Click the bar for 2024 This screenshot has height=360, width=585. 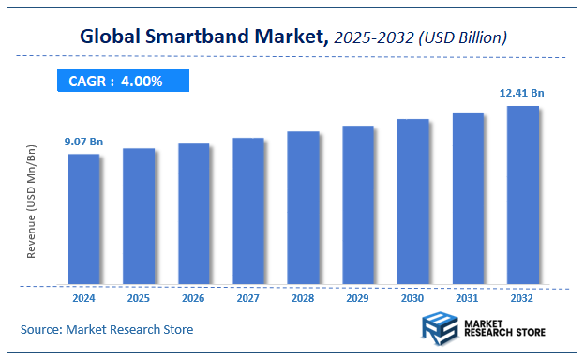coord(83,218)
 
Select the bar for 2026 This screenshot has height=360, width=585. coord(193,214)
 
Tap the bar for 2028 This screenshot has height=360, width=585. coord(303,207)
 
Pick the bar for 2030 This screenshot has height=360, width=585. coord(412,202)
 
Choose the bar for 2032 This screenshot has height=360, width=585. coord(522,195)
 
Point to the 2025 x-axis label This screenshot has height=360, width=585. coord(139,297)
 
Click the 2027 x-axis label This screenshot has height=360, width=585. coord(248,297)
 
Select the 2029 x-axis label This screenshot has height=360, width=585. coord(358,297)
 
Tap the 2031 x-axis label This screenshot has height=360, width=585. coord(468,297)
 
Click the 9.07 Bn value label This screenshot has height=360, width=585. coord(83,142)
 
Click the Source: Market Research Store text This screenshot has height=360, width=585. coord(107,329)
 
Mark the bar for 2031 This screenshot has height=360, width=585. coord(468,198)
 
